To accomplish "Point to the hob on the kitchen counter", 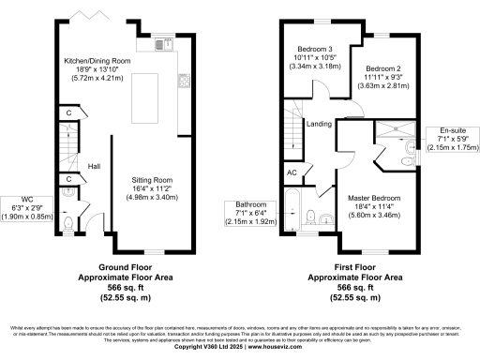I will (x=185, y=81).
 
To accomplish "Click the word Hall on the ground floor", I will (x=94, y=166).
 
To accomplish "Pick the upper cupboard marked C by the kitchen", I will (x=69, y=114).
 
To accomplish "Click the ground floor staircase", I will (x=67, y=146).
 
